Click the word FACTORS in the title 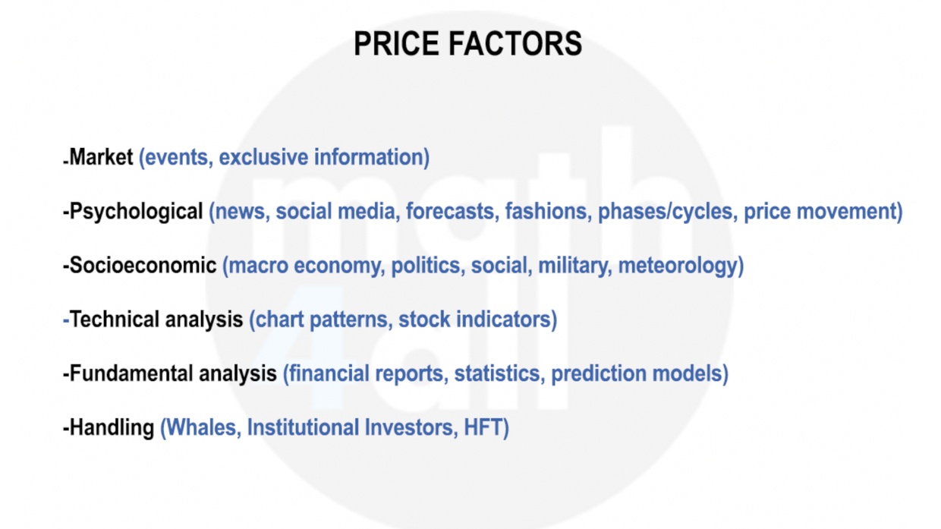tap(515, 43)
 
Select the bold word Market tap(101, 156)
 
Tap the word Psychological tap(136, 211)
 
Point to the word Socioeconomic tap(143, 265)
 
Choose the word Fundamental tap(131, 373)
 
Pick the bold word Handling tap(112, 428)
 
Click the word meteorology tap(678, 266)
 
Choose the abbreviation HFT tap(483, 427)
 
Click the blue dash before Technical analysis tap(65, 320)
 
